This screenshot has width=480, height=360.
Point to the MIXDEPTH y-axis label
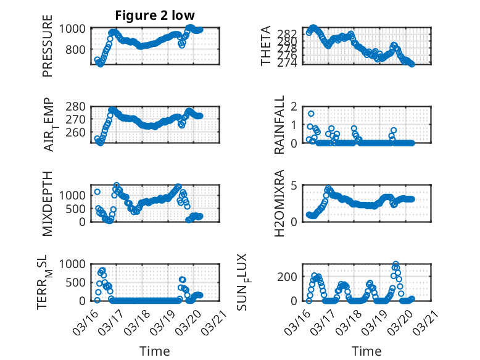[x=48, y=203]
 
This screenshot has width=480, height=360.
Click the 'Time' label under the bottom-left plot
[x=154, y=351]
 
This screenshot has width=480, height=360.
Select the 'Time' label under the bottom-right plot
[x=366, y=351]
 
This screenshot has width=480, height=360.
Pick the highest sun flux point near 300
[x=395, y=264]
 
